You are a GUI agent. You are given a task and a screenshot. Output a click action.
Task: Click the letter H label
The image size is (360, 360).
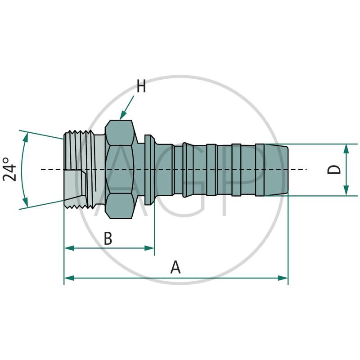click(x=141, y=86)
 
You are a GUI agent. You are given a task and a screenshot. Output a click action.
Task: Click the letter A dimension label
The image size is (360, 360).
click(x=175, y=267)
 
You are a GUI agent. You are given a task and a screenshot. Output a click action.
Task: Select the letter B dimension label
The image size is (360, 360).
click(x=108, y=238)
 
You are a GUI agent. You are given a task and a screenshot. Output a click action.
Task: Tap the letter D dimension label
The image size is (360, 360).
click(x=334, y=170)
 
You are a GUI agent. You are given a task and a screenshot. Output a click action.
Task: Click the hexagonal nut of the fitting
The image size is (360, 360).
click(x=121, y=170)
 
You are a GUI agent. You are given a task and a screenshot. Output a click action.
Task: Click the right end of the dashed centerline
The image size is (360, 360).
click(x=306, y=169)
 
